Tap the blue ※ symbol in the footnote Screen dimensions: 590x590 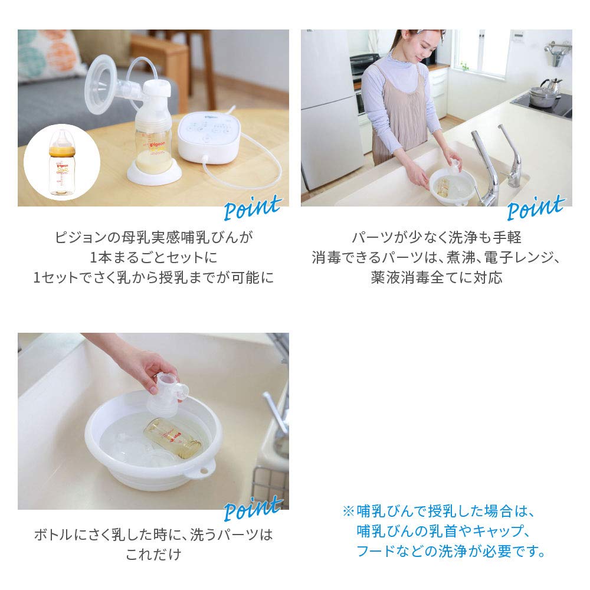[348, 511]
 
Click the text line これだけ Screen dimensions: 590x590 [153, 555]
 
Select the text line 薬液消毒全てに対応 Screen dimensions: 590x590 [437, 277]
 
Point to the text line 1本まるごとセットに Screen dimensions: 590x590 [153, 257]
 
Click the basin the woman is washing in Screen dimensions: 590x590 [451, 189]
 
